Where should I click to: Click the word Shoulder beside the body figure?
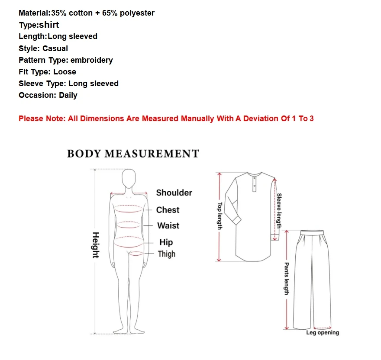(x=174, y=193)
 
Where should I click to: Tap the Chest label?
(x=168, y=210)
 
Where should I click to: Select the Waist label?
(x=168, y=225)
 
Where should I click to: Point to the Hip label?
(x=166, y=242)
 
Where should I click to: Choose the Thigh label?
(x=167, y=254)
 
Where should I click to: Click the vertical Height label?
(x=96, y=245)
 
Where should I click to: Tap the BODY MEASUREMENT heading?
(x=133, y=154)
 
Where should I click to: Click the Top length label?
(x=220, y=216)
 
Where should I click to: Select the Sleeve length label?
(x=279, y=211)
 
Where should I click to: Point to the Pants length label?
(x=286, y=278)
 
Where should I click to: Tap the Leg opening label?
(x=323, y=333)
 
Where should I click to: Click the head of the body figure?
(x=128, y=177)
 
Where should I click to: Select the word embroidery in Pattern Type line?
(x=91, y=60)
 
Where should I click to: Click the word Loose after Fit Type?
(x=65, y=72)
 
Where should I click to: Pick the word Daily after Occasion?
(x=68, y=95)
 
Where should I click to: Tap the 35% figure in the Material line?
(x=59, y=13)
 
